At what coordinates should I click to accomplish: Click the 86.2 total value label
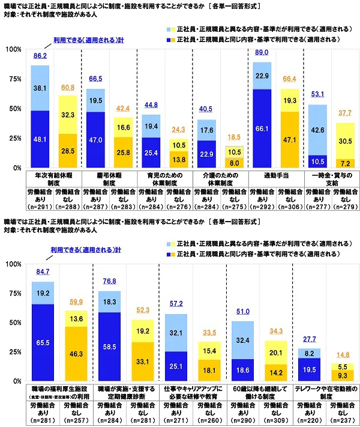[40, 56]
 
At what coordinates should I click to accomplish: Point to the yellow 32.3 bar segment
[68, 114]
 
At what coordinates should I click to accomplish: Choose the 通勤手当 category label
[275, 177]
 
